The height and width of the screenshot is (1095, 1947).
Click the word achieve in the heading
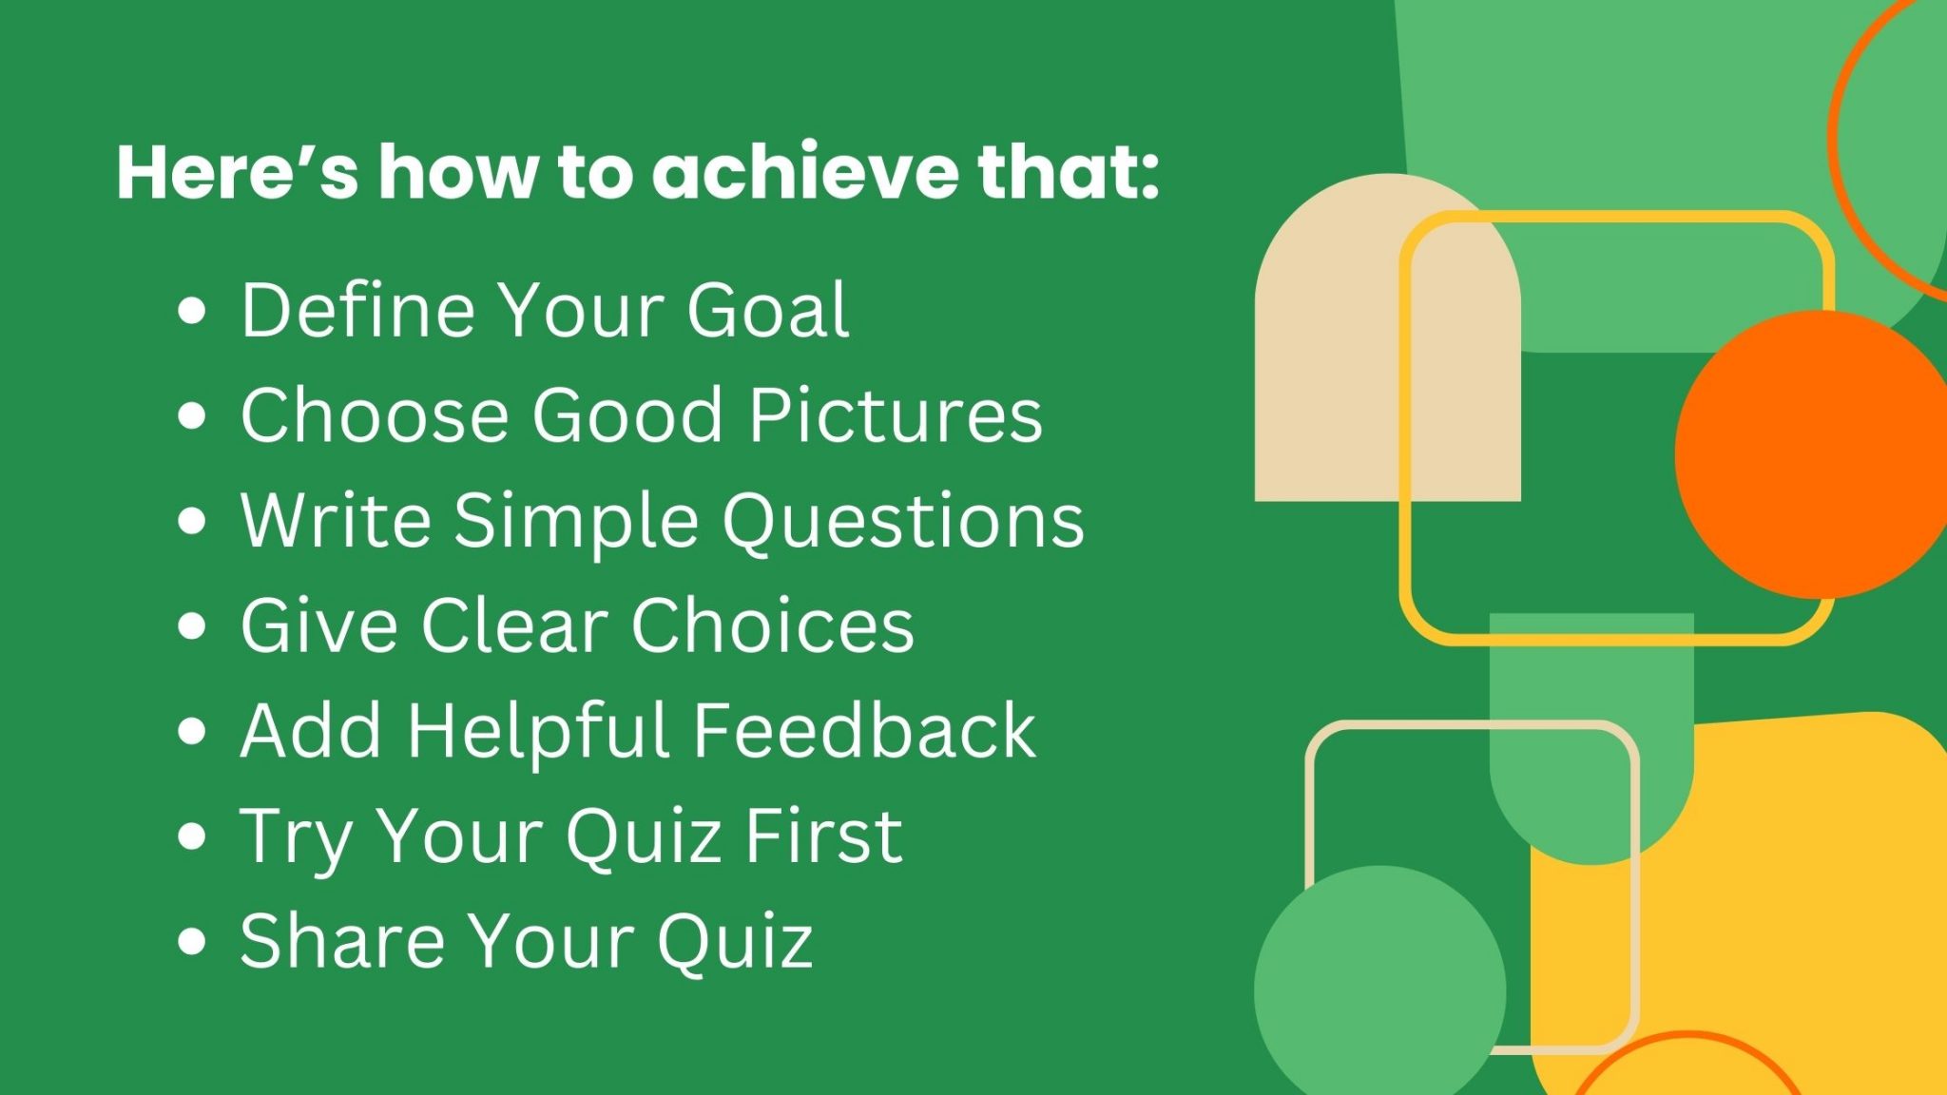pos(805,172)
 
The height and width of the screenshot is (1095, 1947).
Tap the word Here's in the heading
pos(238,172)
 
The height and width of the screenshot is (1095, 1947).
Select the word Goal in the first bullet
pos(768,310)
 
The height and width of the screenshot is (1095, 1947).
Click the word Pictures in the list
pos(896,415)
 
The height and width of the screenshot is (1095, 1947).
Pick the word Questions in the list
pos(903,522)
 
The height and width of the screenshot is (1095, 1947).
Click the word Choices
pos(772,625)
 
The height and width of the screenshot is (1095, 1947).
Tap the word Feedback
pos(864,730)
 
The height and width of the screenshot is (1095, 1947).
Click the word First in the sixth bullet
pos(823,836)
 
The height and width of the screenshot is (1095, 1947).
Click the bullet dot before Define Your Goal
pos(192,312)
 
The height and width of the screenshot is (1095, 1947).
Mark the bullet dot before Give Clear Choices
pos(192,626)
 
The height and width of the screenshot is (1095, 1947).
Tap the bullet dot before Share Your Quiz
pos(192,941)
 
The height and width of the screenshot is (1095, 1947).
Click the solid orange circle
pos(1811,454)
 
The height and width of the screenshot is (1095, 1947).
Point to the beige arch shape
pos(1331,380)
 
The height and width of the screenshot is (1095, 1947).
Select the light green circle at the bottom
pos(1378,989)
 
